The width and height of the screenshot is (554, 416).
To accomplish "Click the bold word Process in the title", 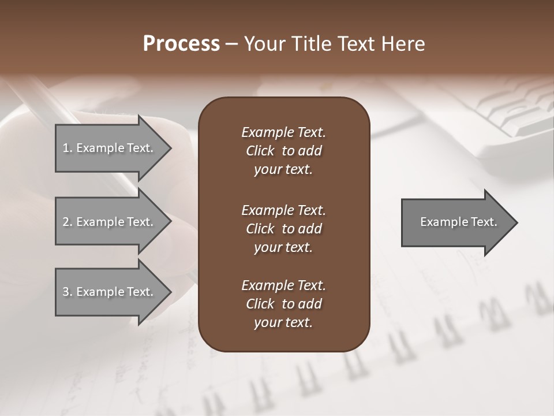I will (181, 44).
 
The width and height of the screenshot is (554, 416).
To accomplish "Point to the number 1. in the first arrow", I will (68, 148).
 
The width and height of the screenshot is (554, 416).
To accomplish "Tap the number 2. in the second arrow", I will (68, 222).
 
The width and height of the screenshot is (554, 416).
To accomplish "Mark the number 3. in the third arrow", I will (68, 292).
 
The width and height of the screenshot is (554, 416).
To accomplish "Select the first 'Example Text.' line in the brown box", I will (283, 132).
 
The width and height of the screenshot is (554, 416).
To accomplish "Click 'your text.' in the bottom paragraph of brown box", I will (283, 322).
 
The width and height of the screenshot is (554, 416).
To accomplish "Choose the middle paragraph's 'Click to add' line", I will (283, 229).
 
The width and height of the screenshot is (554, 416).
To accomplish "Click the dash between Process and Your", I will (232, 44).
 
